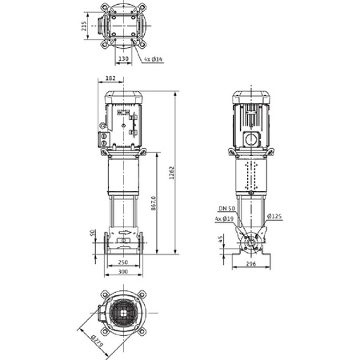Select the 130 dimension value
click(x=123, y=58)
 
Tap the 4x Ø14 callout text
click(x=154, y=60)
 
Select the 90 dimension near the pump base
click(x=93, y=233)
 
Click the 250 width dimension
click(x=123, y=262)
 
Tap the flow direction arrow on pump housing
click(x=124, y=239)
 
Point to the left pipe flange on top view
click(x=102, y=25)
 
